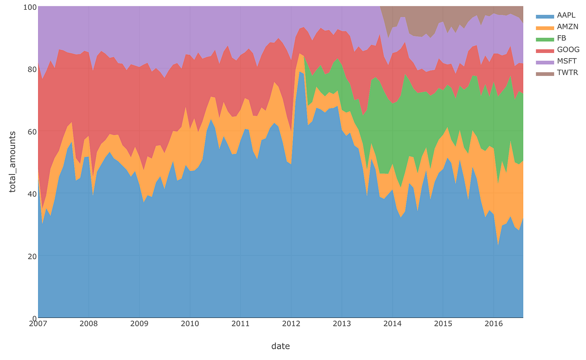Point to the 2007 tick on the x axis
[x=38, y=324]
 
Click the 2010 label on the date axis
[x=190, y=324]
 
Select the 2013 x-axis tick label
[x=342, y=324]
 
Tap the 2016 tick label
[x=494, y=324]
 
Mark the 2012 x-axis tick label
[x=291, y=324]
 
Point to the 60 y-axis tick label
[x=31, y=131]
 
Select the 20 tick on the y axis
[x=31, y=256]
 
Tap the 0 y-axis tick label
[x=33, y=318]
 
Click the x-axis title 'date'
[x=280, y=346]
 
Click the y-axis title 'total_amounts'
[x=13, y=162]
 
